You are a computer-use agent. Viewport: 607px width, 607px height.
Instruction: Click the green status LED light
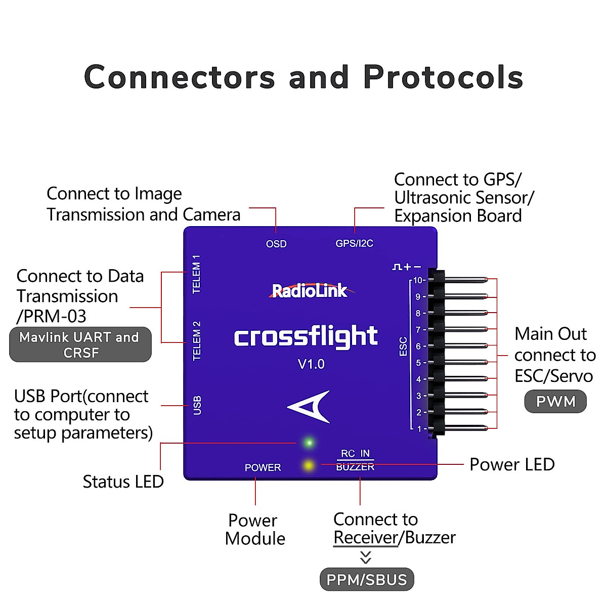click(309, 443)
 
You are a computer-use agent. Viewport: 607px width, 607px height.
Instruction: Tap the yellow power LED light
click(308, 464)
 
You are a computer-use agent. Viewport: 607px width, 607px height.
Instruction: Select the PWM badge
click(555, 402)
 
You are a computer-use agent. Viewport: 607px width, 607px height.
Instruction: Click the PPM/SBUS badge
click(367, 580)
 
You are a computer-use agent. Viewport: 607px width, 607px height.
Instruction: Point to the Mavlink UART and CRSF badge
click(80, 344)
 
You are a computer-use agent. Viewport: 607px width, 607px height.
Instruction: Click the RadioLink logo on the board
click(310, 290)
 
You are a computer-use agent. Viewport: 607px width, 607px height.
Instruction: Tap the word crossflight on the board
click(306, 337)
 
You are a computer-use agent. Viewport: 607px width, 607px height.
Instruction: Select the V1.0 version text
click(311, 364)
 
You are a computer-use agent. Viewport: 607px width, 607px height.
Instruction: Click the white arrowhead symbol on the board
click(310, 406)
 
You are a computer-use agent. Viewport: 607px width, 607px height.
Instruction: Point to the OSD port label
click(276, 244)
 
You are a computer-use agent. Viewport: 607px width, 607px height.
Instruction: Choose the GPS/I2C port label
click(354, 243)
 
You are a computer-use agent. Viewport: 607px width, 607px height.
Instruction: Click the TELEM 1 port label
click(197, 274)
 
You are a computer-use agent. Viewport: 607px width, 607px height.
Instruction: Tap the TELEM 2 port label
click(197, 341)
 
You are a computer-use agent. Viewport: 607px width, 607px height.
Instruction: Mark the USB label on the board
click(197, 405)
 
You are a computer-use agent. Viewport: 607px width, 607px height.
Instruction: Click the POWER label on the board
click(263, 468)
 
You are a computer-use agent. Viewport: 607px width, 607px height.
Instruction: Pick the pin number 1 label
click(419, 429)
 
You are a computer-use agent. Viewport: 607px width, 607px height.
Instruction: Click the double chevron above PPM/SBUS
click(366, 557)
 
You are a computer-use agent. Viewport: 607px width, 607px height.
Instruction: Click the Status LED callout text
click(123, 482)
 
